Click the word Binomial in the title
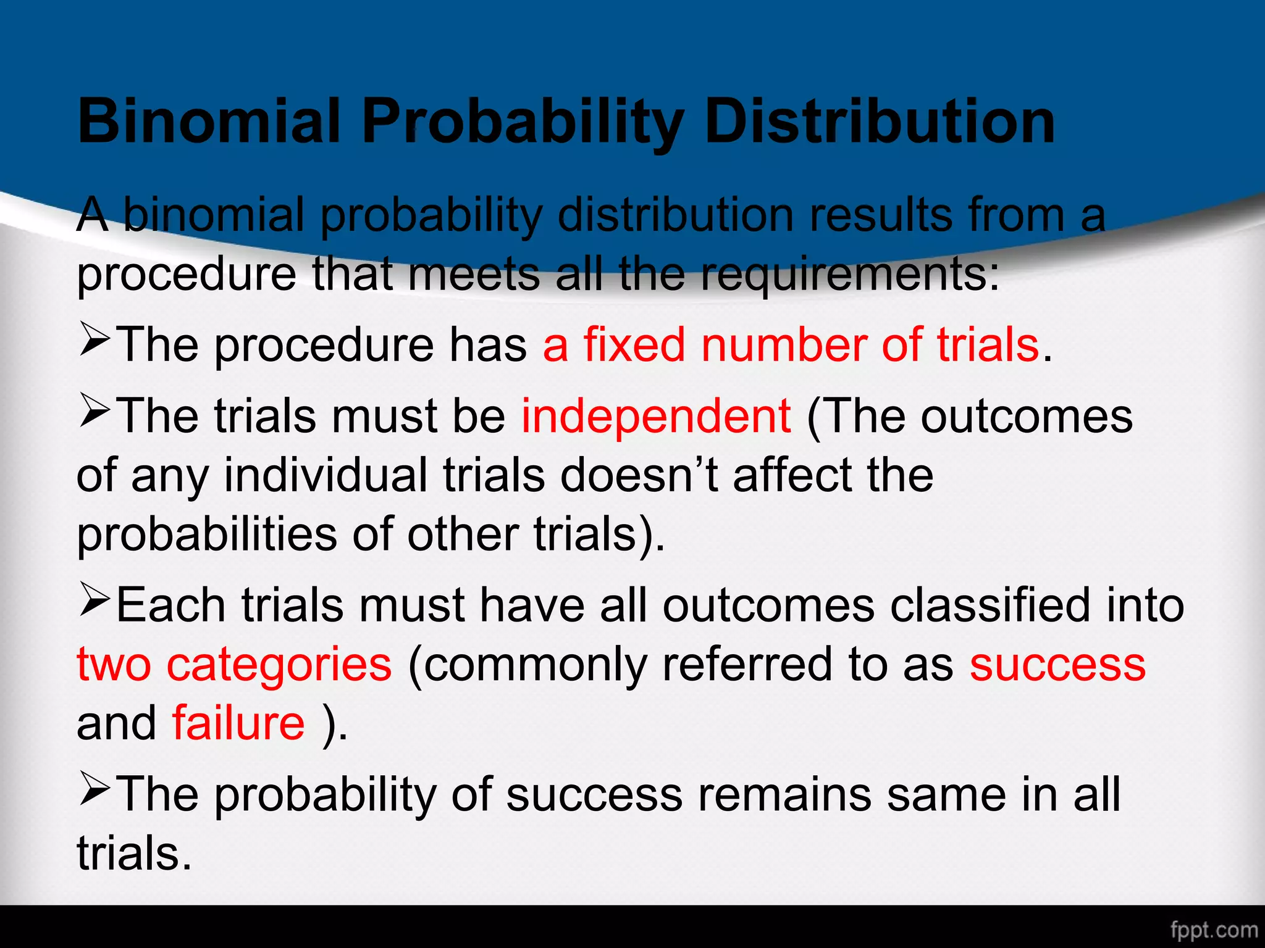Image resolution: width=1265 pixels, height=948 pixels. click(209, 121)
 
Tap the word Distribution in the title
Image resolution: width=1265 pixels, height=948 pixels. click(880, 121)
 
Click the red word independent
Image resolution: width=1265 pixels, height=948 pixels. click(655, 416)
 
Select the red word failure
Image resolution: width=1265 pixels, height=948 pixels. click(238, 723)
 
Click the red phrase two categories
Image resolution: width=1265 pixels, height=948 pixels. click(234, 665)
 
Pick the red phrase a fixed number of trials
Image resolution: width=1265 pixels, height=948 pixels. click(791, 344)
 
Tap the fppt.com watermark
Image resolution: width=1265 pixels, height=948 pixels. click(1214, 929)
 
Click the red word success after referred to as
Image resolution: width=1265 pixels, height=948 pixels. click(1057, 665)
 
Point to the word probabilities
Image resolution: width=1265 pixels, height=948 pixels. click(207, 534)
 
